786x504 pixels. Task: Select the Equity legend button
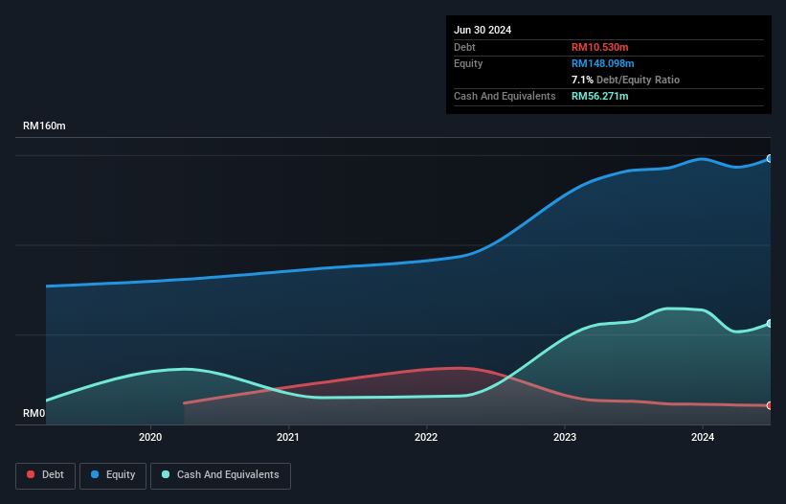click(x=112, y=474)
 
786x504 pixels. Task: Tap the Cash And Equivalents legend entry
click(x=219, y=474)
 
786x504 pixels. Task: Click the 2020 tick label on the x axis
click(x=150, y=438)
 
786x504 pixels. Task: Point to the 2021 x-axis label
click(x=288, y=438)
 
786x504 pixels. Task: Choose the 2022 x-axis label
click(x=426, y=438)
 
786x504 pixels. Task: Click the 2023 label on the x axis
click(x=565, y=438)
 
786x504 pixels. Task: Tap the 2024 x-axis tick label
click(x=703, y=438)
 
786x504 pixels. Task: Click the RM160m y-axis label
click(x=45, y=126)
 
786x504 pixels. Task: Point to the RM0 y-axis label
click(x=34, y=414)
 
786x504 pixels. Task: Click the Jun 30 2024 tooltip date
click(x=483, y=30)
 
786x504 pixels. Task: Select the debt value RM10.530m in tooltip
click(x=600, y=47)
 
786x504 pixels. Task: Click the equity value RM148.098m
click(x=603, y=63)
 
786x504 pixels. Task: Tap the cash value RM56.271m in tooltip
click(x=600, y=96)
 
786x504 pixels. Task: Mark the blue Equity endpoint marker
click(x=770, y=159)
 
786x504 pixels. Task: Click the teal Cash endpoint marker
click(x=770, y=324)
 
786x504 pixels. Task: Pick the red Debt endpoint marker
click(x=770, y=406)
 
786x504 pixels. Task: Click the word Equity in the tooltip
click(x=468, y=63)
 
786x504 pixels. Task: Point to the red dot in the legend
click(x=31, y=474)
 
